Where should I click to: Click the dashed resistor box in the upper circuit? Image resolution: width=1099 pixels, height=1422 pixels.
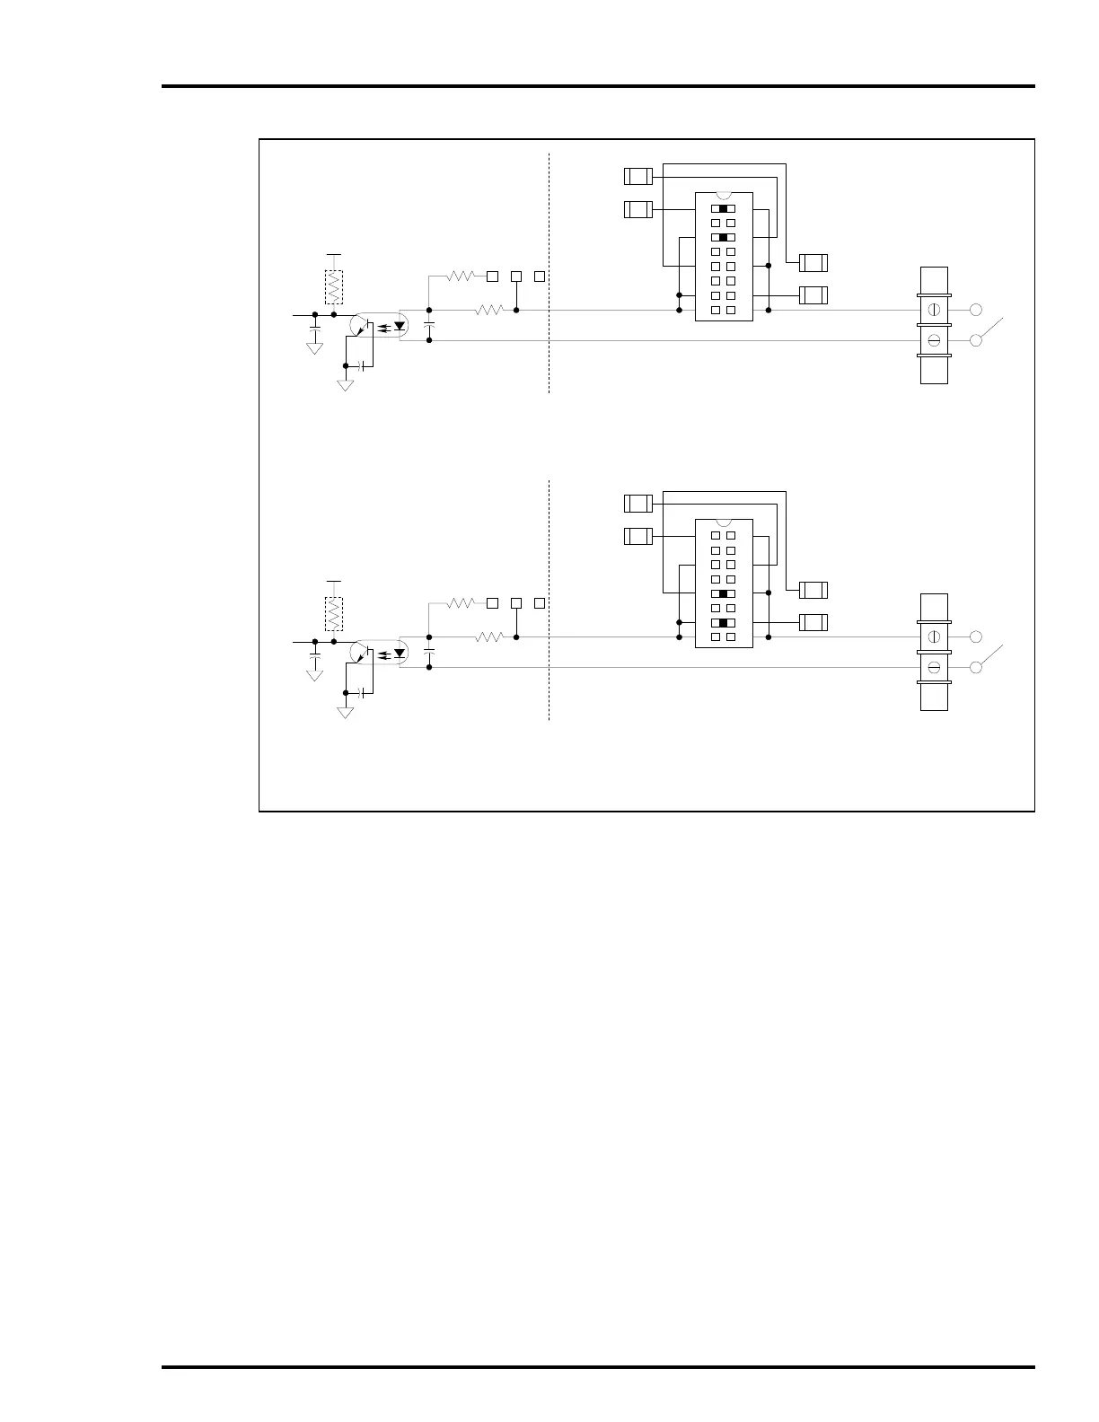pyautogui.click(x=334, y=286)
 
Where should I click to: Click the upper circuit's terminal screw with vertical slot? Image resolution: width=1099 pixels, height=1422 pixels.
pyautogui.click(x=934, y=310)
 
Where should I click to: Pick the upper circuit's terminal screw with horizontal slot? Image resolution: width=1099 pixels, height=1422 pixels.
pyautogui.click(x=934, y=341)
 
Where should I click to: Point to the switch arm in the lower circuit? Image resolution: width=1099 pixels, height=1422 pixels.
pyautogui.click(x=991, y=655)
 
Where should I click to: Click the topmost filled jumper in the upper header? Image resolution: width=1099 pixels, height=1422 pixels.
pyautogui.click(x=724, y=208)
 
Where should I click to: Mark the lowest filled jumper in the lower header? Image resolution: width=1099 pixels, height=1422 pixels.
pyautogui.click(x=724, y=623)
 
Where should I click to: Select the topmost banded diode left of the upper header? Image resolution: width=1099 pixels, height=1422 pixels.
pyautogui.click(x=637, y=176)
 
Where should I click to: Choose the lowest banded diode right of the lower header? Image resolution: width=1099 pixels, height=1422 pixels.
pyautogui.click(x=813, y=622)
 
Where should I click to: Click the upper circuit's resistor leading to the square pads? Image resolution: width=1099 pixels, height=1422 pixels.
pyautogui.click(x=460, y=276)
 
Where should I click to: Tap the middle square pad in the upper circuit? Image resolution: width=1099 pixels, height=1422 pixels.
pyautogui.click(x=516, y=276)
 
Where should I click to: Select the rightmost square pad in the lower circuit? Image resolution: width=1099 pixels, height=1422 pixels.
pyautogui.click(x=540, y=602)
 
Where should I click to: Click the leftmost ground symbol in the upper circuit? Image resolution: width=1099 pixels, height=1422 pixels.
pyautogui.click(x=314, y=347)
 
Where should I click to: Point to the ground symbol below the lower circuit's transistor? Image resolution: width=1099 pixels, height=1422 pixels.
pyautogui.click(x=345, y=712)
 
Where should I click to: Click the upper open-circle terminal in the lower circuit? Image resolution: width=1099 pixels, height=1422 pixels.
pyautogui.click(x=976, y=636)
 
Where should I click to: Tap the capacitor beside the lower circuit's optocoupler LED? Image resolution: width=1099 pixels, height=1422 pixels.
pyautogui.click(x=429, y=650)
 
